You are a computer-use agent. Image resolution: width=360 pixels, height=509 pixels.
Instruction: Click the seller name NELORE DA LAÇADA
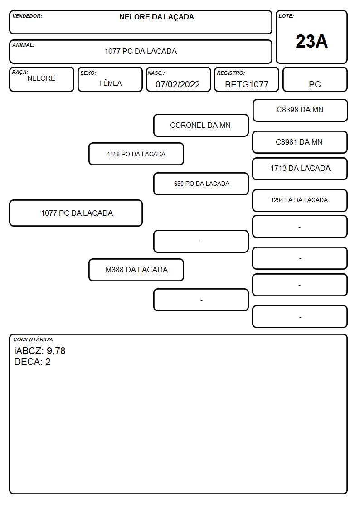click(x=156, y=17)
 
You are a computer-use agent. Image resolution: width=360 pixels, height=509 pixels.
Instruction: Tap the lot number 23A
click(x=311, y=41)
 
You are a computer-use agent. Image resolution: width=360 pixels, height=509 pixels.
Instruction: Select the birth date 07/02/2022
click(x=178, y=84)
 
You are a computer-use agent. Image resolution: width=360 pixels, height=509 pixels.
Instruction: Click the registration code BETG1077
click(x=247, y=84)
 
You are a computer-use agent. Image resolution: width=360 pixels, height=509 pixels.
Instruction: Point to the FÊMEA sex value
click(x=110, y=83)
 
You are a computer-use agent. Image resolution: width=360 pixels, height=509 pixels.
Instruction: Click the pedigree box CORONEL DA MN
click(x=201, y=125)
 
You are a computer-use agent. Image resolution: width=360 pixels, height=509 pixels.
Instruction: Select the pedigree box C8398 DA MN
click(x=300, y=111)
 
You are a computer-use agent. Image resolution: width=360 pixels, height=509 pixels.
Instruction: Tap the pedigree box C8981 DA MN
click(x=300, y=142)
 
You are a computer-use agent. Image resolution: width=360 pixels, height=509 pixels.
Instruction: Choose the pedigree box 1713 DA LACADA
click(x=300, y=169)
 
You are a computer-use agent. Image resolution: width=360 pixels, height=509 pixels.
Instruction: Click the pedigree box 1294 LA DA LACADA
click(x=300, y=200)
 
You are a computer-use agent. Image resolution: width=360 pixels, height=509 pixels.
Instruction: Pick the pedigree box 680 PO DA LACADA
click(x=201, y=184)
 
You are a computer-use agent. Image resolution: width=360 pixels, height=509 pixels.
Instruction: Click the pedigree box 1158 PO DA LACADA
click(x=136, y=154)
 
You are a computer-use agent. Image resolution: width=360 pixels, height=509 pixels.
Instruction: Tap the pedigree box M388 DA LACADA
click(x=136, y=270)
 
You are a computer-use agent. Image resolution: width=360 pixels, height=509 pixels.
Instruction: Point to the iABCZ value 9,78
click(x=56, y=351)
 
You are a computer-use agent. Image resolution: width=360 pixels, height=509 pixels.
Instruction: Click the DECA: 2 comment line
click(x=33, y=362)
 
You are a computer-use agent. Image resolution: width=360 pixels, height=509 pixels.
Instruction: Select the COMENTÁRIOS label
click(x=34, y=339)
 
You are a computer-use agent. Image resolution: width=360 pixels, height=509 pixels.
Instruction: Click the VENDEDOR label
click(x=27, y=16)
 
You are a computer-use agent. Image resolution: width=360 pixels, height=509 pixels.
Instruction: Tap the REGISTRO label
click(x=231, y=73)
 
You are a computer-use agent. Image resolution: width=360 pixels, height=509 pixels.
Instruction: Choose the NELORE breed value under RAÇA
click(x=41, y=78)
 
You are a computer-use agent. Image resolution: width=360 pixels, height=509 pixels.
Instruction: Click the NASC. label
click(x=156, y=73)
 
